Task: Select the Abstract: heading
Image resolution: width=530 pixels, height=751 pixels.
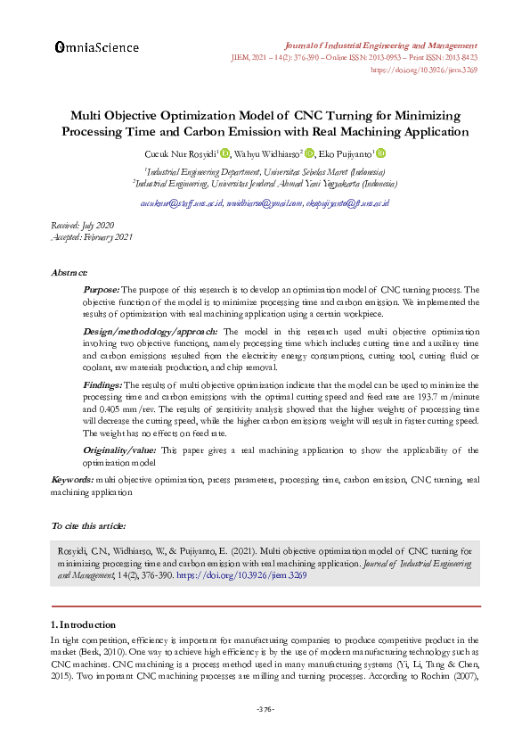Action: [69, 271]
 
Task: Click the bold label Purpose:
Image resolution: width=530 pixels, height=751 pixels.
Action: [101, 290]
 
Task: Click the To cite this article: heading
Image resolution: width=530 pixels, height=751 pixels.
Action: [88, 526]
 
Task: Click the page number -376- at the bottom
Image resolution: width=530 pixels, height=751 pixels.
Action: [265, 709]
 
